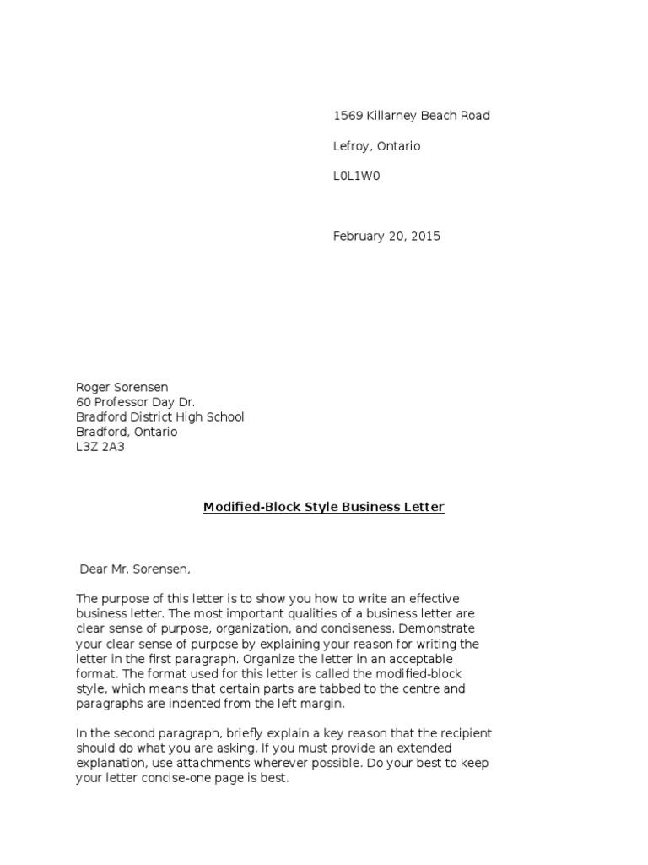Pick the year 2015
click(425, 237)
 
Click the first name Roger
click(93, 388)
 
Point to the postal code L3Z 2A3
click(100, 448)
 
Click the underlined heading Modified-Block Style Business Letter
click(324, 508)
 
